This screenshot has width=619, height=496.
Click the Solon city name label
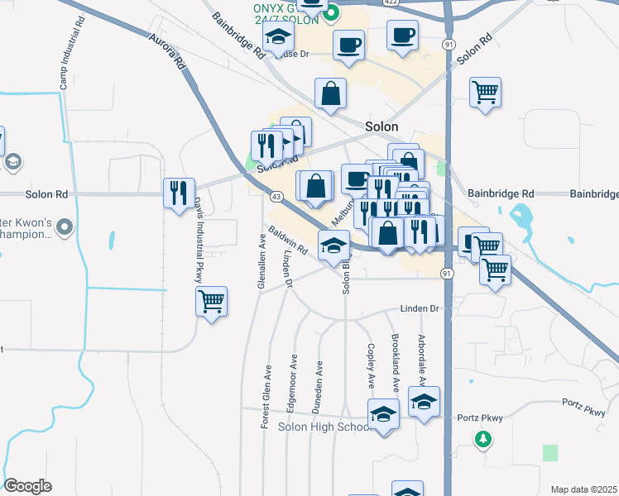381,126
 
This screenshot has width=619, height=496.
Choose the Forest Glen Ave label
266,396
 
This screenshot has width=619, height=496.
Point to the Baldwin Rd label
287,241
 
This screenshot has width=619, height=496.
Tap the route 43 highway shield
276,196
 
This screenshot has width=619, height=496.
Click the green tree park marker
483,438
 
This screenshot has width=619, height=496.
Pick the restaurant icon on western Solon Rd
179,193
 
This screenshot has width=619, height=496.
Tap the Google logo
28,486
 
